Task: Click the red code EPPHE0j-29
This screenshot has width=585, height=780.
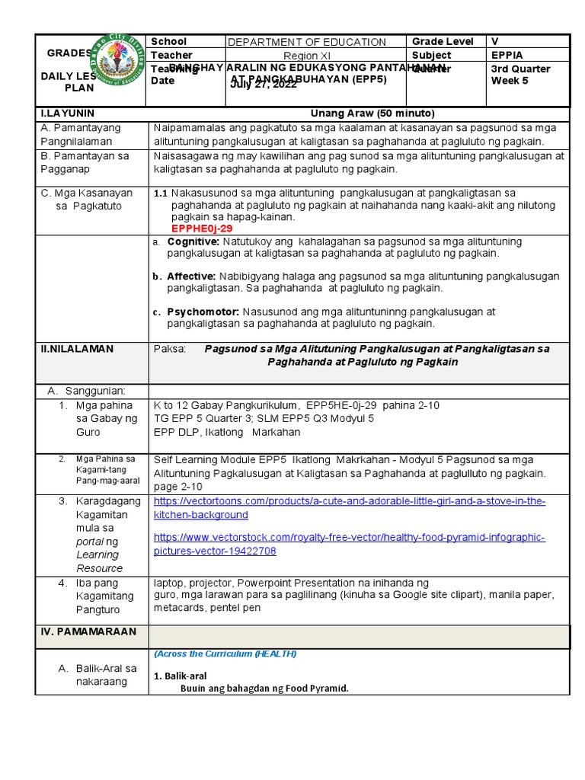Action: [x=202, y=228]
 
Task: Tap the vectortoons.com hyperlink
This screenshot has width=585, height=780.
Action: [x=349, y=507]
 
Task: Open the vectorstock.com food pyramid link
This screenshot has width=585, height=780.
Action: [x=349, y=544]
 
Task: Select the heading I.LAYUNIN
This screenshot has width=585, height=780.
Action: [x=67, y=113]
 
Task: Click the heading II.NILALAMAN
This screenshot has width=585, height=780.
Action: [x=76, y=348]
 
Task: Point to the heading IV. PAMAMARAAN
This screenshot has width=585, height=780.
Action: [x=88, y=631]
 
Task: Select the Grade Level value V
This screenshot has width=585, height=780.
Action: [x=495, y=41]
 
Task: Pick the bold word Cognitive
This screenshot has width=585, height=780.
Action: [x=193, y=241]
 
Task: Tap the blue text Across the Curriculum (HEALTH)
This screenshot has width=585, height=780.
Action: [x=225, y=654]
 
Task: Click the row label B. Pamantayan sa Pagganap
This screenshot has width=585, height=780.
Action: [x=86, y=162]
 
